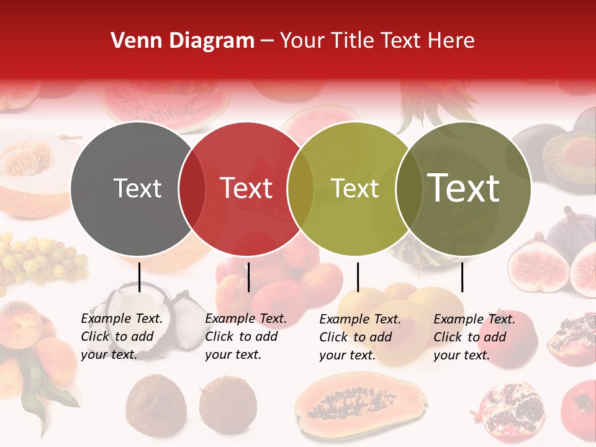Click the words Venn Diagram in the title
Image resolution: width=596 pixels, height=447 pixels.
pos(183,41)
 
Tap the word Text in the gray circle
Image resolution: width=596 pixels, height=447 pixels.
pos(137,188)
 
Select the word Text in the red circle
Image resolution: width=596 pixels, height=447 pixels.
pos(246,188)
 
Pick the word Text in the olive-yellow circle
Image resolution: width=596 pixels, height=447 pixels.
pos(355,188)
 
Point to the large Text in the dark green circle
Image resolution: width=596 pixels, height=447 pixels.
pos(464,187)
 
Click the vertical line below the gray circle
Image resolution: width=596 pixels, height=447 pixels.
pos(139,277)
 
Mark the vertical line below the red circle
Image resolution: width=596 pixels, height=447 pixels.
pos(248,277)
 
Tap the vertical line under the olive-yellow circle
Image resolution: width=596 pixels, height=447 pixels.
pos(358,277)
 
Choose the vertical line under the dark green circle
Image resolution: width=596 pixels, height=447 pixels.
pos(462,277)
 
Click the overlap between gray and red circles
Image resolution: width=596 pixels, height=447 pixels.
pos(192,189)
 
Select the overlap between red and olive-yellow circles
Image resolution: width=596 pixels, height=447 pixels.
pos(300,189)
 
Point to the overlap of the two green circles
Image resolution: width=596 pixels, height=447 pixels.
pos(409,189)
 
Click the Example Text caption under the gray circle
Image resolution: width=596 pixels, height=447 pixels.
pos(122,336)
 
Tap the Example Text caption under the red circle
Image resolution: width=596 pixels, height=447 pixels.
pos(246,336)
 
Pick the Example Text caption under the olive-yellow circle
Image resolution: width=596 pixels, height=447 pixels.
pos(360,337)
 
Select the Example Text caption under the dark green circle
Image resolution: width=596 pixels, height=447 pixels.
pos(474,337)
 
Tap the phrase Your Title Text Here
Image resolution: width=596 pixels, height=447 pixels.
pos(377,41)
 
